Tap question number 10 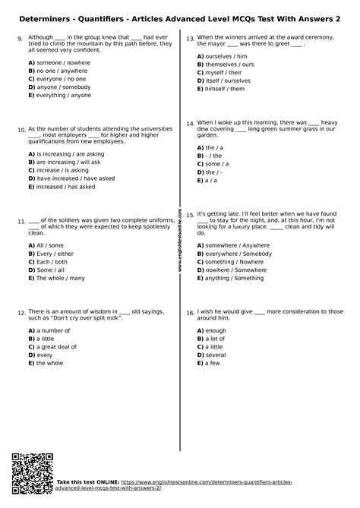pos(21,130)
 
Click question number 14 pos(190,123)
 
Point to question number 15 pos(190,216)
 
